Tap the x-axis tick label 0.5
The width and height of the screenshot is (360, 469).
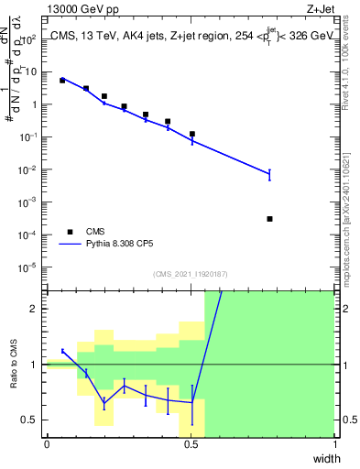coord(191,444)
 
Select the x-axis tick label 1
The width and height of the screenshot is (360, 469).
coord(334,444)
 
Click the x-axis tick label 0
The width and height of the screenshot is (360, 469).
coord(47,444)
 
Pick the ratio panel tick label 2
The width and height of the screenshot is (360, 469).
coord(37,309)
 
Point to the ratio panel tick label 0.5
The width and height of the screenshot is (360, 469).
coord(33,420)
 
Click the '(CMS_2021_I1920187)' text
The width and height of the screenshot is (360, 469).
coord(190,274)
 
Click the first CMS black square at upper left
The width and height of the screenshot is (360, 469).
coord(62,81)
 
